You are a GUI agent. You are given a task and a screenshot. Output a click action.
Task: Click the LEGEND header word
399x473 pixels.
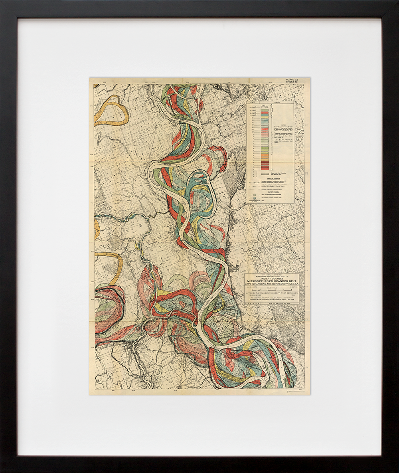pos(276,103)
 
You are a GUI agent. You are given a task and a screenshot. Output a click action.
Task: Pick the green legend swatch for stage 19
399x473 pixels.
pos(264,110)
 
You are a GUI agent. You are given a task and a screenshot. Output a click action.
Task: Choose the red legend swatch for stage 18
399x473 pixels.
pos(264,113)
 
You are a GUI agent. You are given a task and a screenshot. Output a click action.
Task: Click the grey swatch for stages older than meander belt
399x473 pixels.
pos(264,173)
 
